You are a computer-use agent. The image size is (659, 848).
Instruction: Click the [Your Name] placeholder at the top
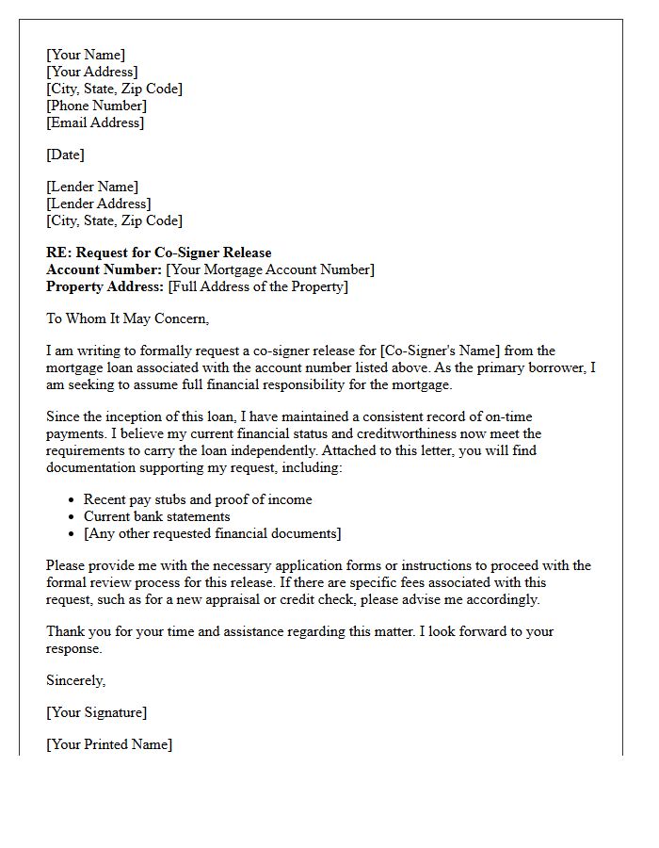(x=86, y=55)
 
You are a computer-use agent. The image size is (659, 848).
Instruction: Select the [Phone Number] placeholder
(x=97, y=106)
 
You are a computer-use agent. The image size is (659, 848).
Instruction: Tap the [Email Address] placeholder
(x=95, y=122)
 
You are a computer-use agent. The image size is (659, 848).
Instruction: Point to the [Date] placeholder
(x=65, y=155)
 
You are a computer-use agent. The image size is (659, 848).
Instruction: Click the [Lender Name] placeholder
(x=92, y=187)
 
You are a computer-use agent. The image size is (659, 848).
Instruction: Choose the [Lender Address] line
(x=99, y=204)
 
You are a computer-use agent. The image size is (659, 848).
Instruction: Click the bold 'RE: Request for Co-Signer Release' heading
(x=158, y=253)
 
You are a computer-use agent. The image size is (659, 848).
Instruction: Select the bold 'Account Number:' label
(x=104, y=269)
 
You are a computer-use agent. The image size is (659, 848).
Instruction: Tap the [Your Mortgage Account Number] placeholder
(x=270, y=269)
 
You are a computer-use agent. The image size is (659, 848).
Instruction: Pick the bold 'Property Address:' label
(x=104, y=286)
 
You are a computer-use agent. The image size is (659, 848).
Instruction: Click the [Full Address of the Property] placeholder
(x=258, y=286)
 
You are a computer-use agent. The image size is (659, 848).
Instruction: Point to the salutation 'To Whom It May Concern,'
(x=127, y=318)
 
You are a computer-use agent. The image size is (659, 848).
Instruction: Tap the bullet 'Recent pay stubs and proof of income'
(x=198, y=499)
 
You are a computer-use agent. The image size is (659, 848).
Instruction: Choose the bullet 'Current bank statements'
(x=157, y=516)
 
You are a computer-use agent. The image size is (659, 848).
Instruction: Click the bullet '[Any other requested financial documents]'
(x=213, y=533)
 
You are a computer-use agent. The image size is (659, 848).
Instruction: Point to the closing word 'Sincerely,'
(x=76, y=680)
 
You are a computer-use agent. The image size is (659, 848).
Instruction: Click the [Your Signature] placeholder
(x=97, y=712)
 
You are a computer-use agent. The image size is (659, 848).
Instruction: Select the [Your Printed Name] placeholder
(x=109, y=744)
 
